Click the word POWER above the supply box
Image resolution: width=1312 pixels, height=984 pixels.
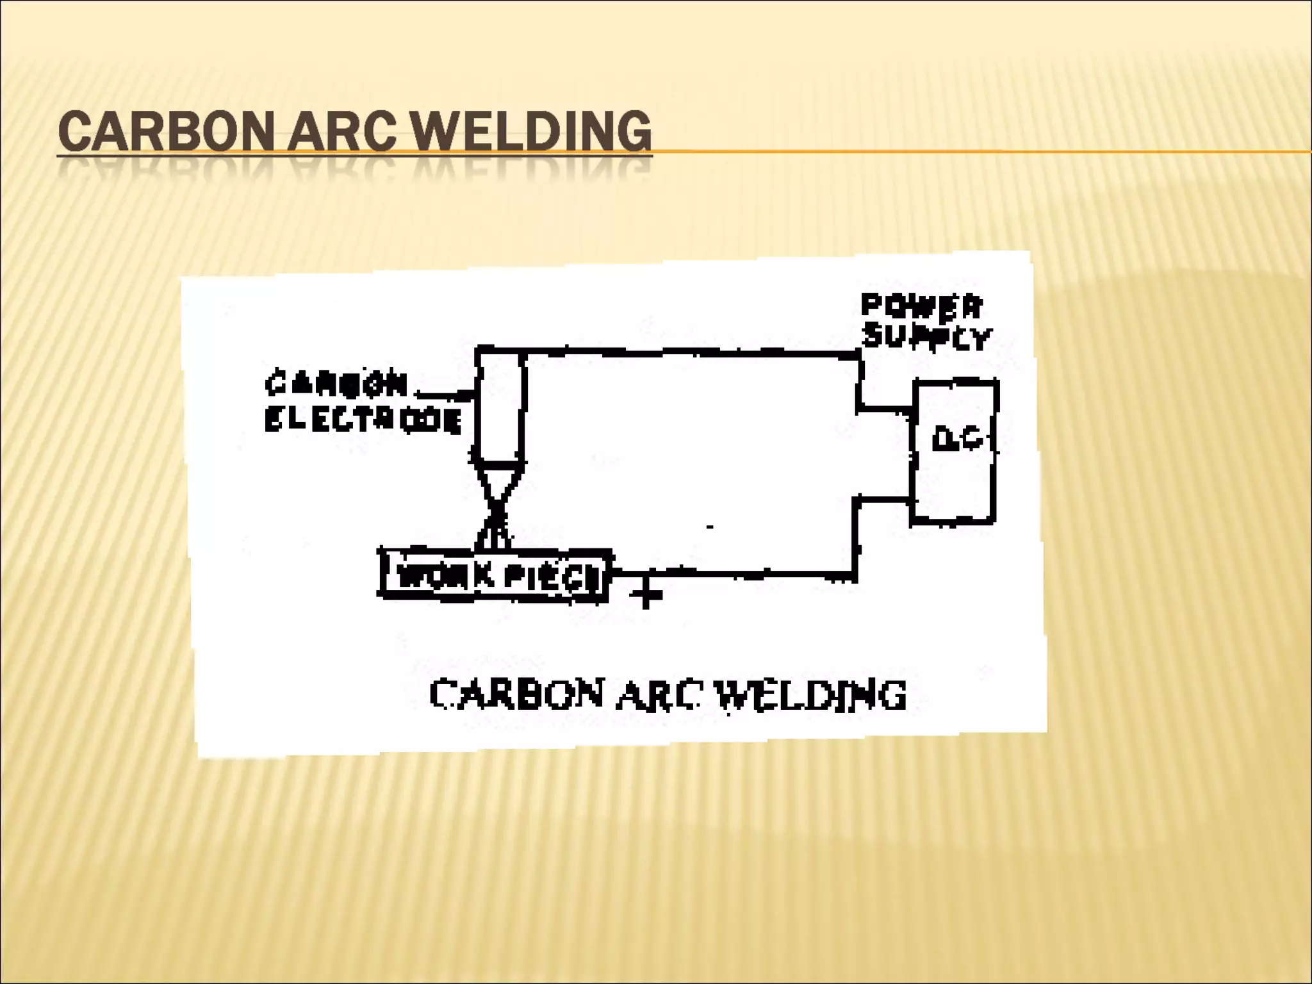[921, 306]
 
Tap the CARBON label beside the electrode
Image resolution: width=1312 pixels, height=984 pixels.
[336, 384]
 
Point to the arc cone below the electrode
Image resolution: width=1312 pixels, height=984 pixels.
[497, 500]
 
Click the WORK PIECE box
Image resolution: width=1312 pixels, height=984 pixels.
[494, 575]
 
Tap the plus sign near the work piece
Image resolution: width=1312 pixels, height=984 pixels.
[646, 595]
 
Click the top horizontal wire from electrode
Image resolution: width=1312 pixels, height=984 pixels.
[692, 352]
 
